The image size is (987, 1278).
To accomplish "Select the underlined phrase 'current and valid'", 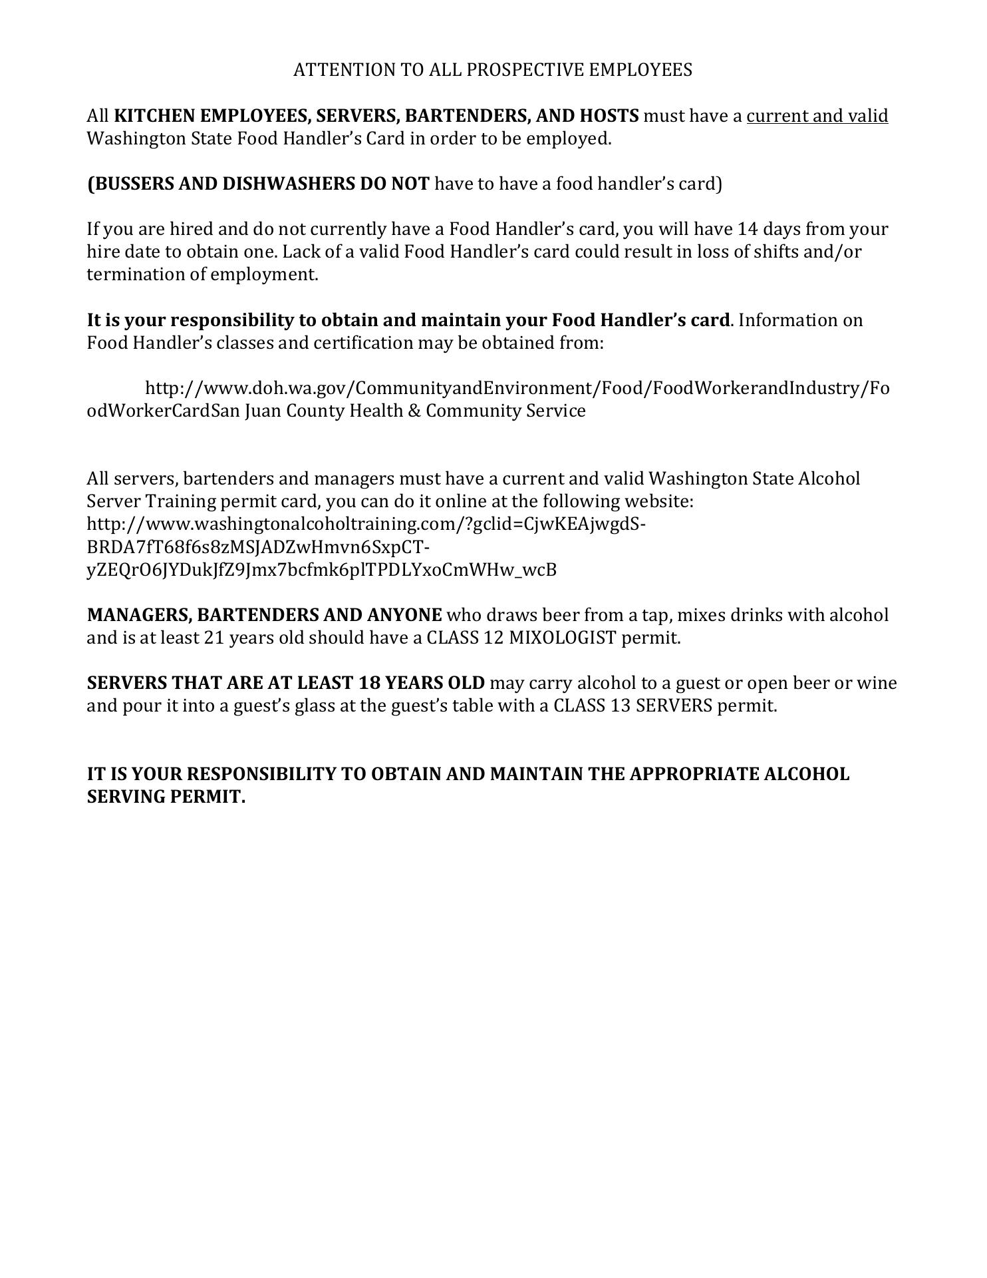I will (x=817, y=116).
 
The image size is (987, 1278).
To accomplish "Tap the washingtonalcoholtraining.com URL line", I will (x=366, y=524).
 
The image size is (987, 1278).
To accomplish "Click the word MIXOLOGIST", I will (x=563, y=638).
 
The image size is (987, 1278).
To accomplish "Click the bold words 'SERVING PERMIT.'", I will (x=166, y=797).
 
